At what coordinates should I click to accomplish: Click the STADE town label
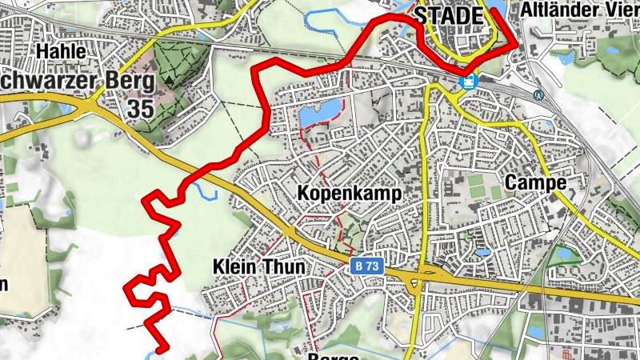[x=449, y=15]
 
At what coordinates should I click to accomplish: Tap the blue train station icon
[x=469, y=80]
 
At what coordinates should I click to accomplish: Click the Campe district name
[x=535, y=182]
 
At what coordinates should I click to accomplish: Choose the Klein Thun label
[x=249, y=266]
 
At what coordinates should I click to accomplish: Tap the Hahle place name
[x=60, y=50]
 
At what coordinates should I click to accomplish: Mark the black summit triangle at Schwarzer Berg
[x=170, y=81]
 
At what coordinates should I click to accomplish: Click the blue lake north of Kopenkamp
[x=318, y=116]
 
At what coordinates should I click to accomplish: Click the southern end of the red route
[x=160, y=349]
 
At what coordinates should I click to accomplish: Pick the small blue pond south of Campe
[x=482, y=252]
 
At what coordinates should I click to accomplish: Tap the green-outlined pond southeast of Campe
[x=566, y=254]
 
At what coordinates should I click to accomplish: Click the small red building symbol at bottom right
[x=567, y=353]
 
